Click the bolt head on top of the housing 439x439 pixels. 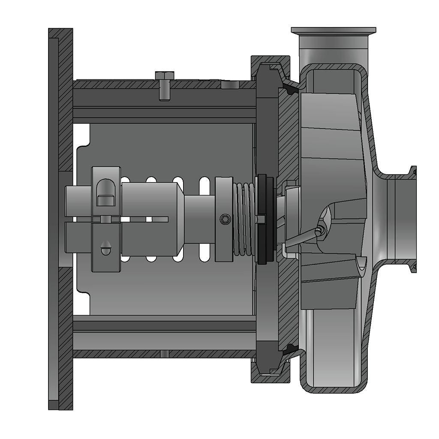coord(165,75)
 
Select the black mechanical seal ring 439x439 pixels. coord(265,219)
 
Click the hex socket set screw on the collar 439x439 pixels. coord(225,219)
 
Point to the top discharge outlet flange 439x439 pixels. coord(334,30)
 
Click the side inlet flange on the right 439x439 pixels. coord(413,219)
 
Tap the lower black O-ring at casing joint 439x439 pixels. coord(292,348)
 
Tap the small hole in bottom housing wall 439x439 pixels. coord(165,354)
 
